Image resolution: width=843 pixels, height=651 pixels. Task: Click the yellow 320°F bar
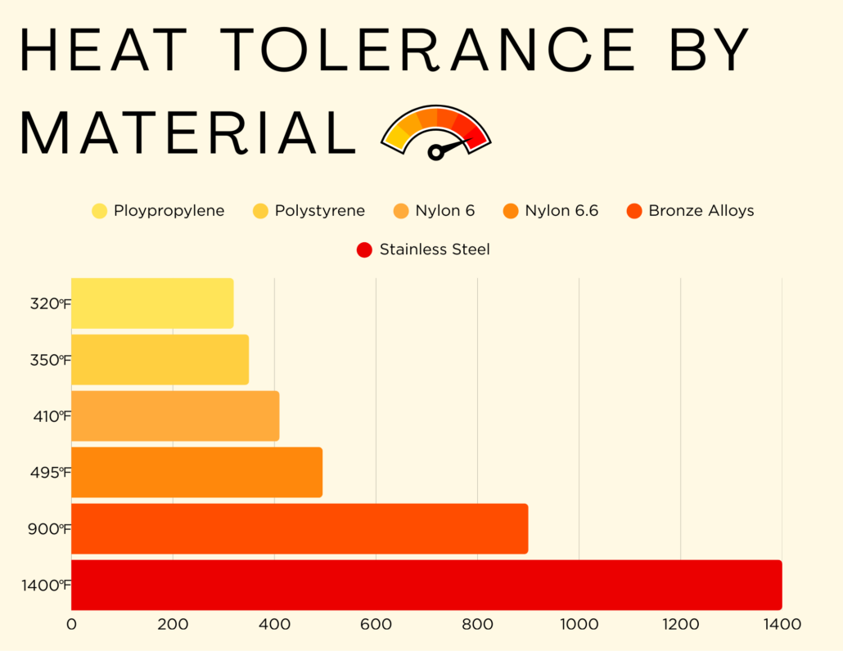(152, 303)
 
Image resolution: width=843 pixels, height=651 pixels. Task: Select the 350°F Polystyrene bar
(160, 360)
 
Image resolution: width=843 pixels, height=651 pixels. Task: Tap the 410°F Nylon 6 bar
(175, 415)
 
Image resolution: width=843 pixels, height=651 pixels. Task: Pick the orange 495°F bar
(196, 472)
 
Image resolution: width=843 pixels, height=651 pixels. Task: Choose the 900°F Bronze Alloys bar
(300, 528)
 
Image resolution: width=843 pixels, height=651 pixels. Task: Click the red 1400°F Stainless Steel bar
(426, 585)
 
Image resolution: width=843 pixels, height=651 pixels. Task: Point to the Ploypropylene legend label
(169, 211)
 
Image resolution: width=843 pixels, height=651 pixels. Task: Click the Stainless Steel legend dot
(365, 249)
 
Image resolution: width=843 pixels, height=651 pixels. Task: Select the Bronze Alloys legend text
(701, 211)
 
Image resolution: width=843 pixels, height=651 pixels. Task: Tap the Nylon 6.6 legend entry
(561, 211)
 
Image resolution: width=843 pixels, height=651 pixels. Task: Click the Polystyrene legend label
(319, 211)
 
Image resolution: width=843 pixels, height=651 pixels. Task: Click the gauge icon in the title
(436, 132)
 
